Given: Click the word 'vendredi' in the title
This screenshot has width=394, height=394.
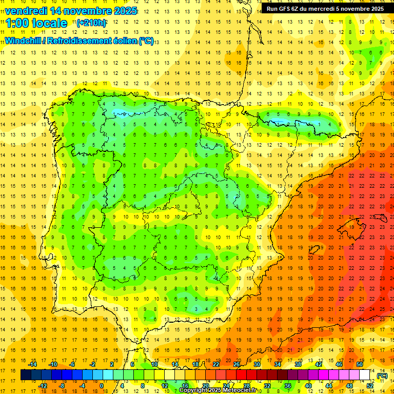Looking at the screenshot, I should (25, 11).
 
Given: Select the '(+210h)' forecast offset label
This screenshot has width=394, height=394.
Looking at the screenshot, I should (91, 23).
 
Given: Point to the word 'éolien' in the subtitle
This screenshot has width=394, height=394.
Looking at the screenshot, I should (122, 41).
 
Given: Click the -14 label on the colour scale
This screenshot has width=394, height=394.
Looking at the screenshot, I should (33, 364).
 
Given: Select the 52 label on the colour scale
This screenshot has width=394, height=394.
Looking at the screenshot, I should (370, 386).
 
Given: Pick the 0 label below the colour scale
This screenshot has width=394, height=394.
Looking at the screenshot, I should (102, 386).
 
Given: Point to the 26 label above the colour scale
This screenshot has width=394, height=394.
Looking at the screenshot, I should (237, 364).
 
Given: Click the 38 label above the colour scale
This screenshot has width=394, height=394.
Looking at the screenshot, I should (298, 364).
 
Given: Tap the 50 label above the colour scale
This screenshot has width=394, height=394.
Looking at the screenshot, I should (359, 364).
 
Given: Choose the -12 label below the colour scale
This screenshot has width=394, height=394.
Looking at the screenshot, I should (43, 386).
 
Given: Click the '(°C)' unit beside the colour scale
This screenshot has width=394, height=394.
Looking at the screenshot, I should (382, 376).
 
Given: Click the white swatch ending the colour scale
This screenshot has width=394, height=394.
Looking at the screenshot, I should (365, 375).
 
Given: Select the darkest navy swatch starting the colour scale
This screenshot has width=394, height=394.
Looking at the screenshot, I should (26, 375).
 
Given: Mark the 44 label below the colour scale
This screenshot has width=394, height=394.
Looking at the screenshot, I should (329, 386).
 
